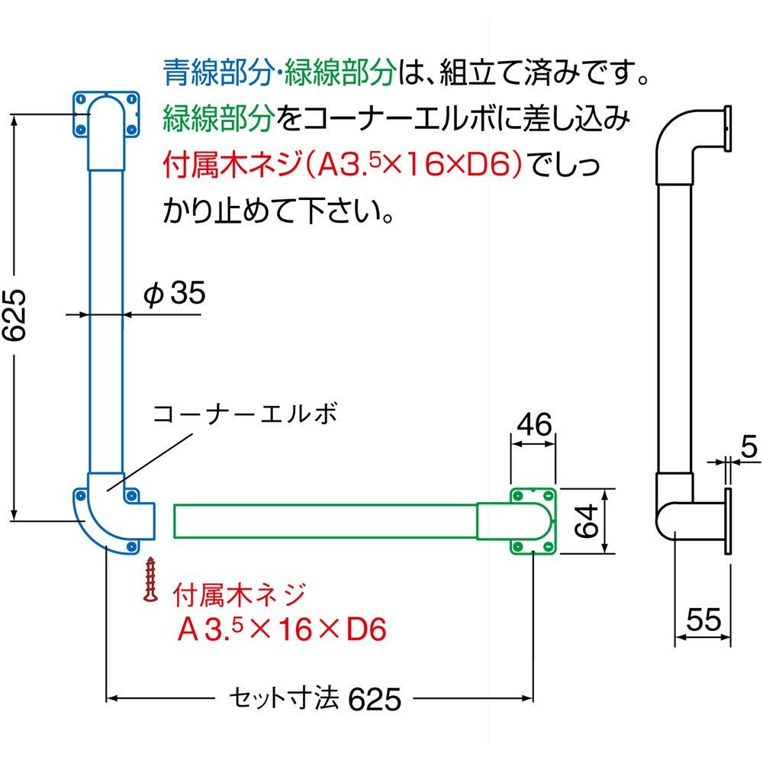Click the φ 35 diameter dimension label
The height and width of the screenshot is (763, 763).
(175, 294)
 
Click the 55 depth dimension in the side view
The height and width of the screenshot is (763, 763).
(703, 620)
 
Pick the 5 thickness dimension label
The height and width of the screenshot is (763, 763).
(749, 448)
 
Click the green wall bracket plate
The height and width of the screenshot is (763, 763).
(534, 520)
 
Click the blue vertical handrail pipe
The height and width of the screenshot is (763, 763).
(105, 320)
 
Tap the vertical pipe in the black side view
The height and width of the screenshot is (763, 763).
(674, 320)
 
